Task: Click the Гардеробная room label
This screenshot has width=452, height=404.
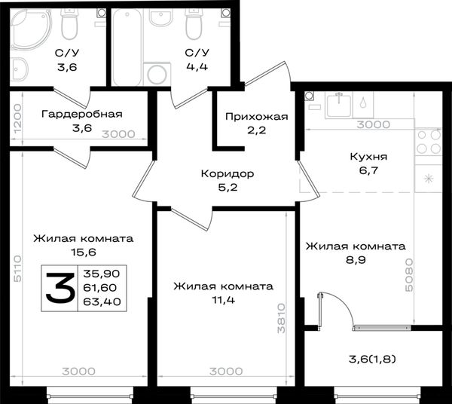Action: pos(82,115)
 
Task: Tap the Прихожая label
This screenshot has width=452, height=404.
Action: pos(257,117)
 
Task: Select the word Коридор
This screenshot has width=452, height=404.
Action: pos(228,174)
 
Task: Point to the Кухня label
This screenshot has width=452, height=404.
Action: pos(368,157)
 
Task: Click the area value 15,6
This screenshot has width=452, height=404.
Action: pos(84,252)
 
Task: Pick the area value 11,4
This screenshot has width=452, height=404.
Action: pos(224,300)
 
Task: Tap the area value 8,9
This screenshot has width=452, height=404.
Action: pos(356,260)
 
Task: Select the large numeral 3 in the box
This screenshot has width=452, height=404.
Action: pos(60,288)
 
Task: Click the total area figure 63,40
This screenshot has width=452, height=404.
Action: pos(102,301)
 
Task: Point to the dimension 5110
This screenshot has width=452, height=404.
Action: pos(17,268)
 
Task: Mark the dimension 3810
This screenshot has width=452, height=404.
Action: pos(281,318)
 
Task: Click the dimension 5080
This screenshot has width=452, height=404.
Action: pos(409,275)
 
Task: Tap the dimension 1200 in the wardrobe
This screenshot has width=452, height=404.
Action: pos(17,118)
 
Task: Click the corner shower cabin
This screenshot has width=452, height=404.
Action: pos(31,29)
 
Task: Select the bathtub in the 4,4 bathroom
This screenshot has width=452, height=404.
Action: pos(127,47)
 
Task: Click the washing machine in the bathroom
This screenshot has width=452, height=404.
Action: pos(157,74)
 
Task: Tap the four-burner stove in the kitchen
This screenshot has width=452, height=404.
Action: pos(429,142)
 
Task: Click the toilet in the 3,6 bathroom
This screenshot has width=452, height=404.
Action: pos(69,25)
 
